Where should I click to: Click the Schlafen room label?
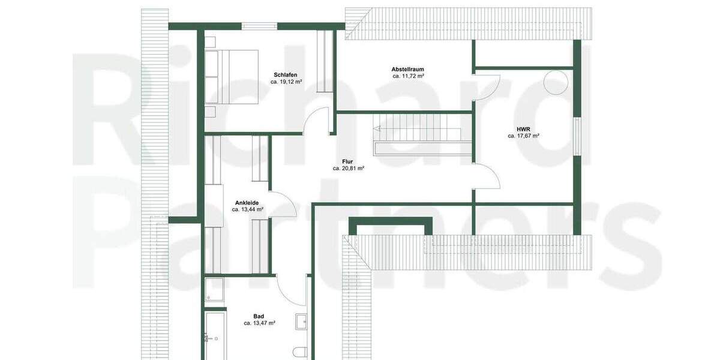point(285,75)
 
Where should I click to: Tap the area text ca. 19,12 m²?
point(286,82)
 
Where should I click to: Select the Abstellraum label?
point(408,70)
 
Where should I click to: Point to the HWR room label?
point(523,129)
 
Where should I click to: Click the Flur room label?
point(349,161)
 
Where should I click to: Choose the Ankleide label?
point(247,203)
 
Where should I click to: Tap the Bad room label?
point(259,316)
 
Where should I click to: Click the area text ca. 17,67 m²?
point(523,136)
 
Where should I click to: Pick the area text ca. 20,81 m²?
point(349,169)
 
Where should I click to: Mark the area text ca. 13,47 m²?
point(259,323)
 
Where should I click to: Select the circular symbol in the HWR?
point(555,82)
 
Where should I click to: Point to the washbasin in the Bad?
point(301,323)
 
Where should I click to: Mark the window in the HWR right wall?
point(577,137)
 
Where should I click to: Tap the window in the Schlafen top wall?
point(259,26)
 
